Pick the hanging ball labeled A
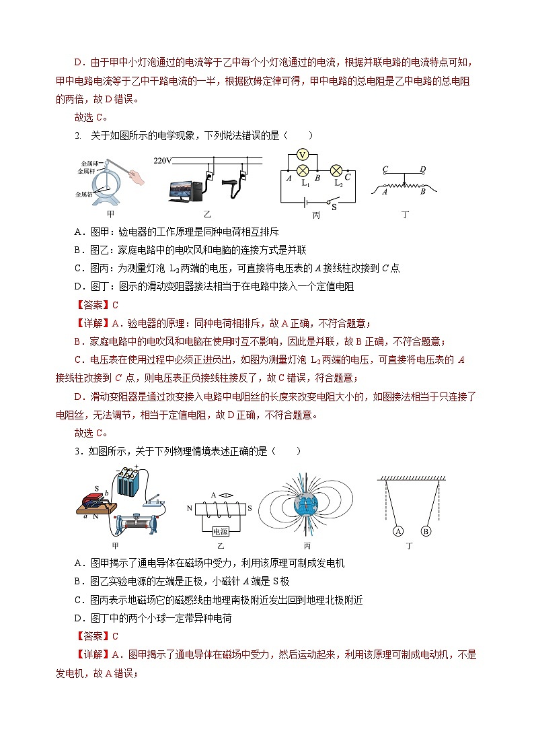[398, 531]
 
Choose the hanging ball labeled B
[425, 531]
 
